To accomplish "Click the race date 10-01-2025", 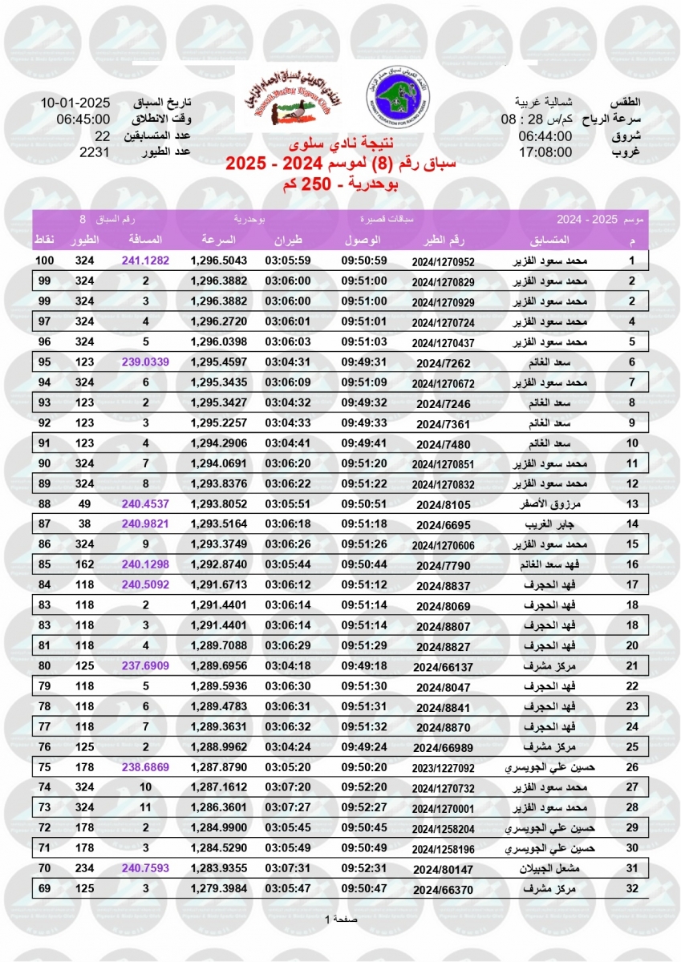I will tap(75, 103).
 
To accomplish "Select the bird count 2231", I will tap(95, 152).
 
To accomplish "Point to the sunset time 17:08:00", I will tap(545, 152).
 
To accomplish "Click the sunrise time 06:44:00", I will tap(545, 135).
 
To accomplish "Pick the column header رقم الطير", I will tap(444, 240).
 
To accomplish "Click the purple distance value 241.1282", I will tap(145, 261).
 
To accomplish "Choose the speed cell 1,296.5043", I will tap(219, 261).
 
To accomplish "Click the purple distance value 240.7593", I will tap(145, 867).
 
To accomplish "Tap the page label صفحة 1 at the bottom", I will tap(340, 919).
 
